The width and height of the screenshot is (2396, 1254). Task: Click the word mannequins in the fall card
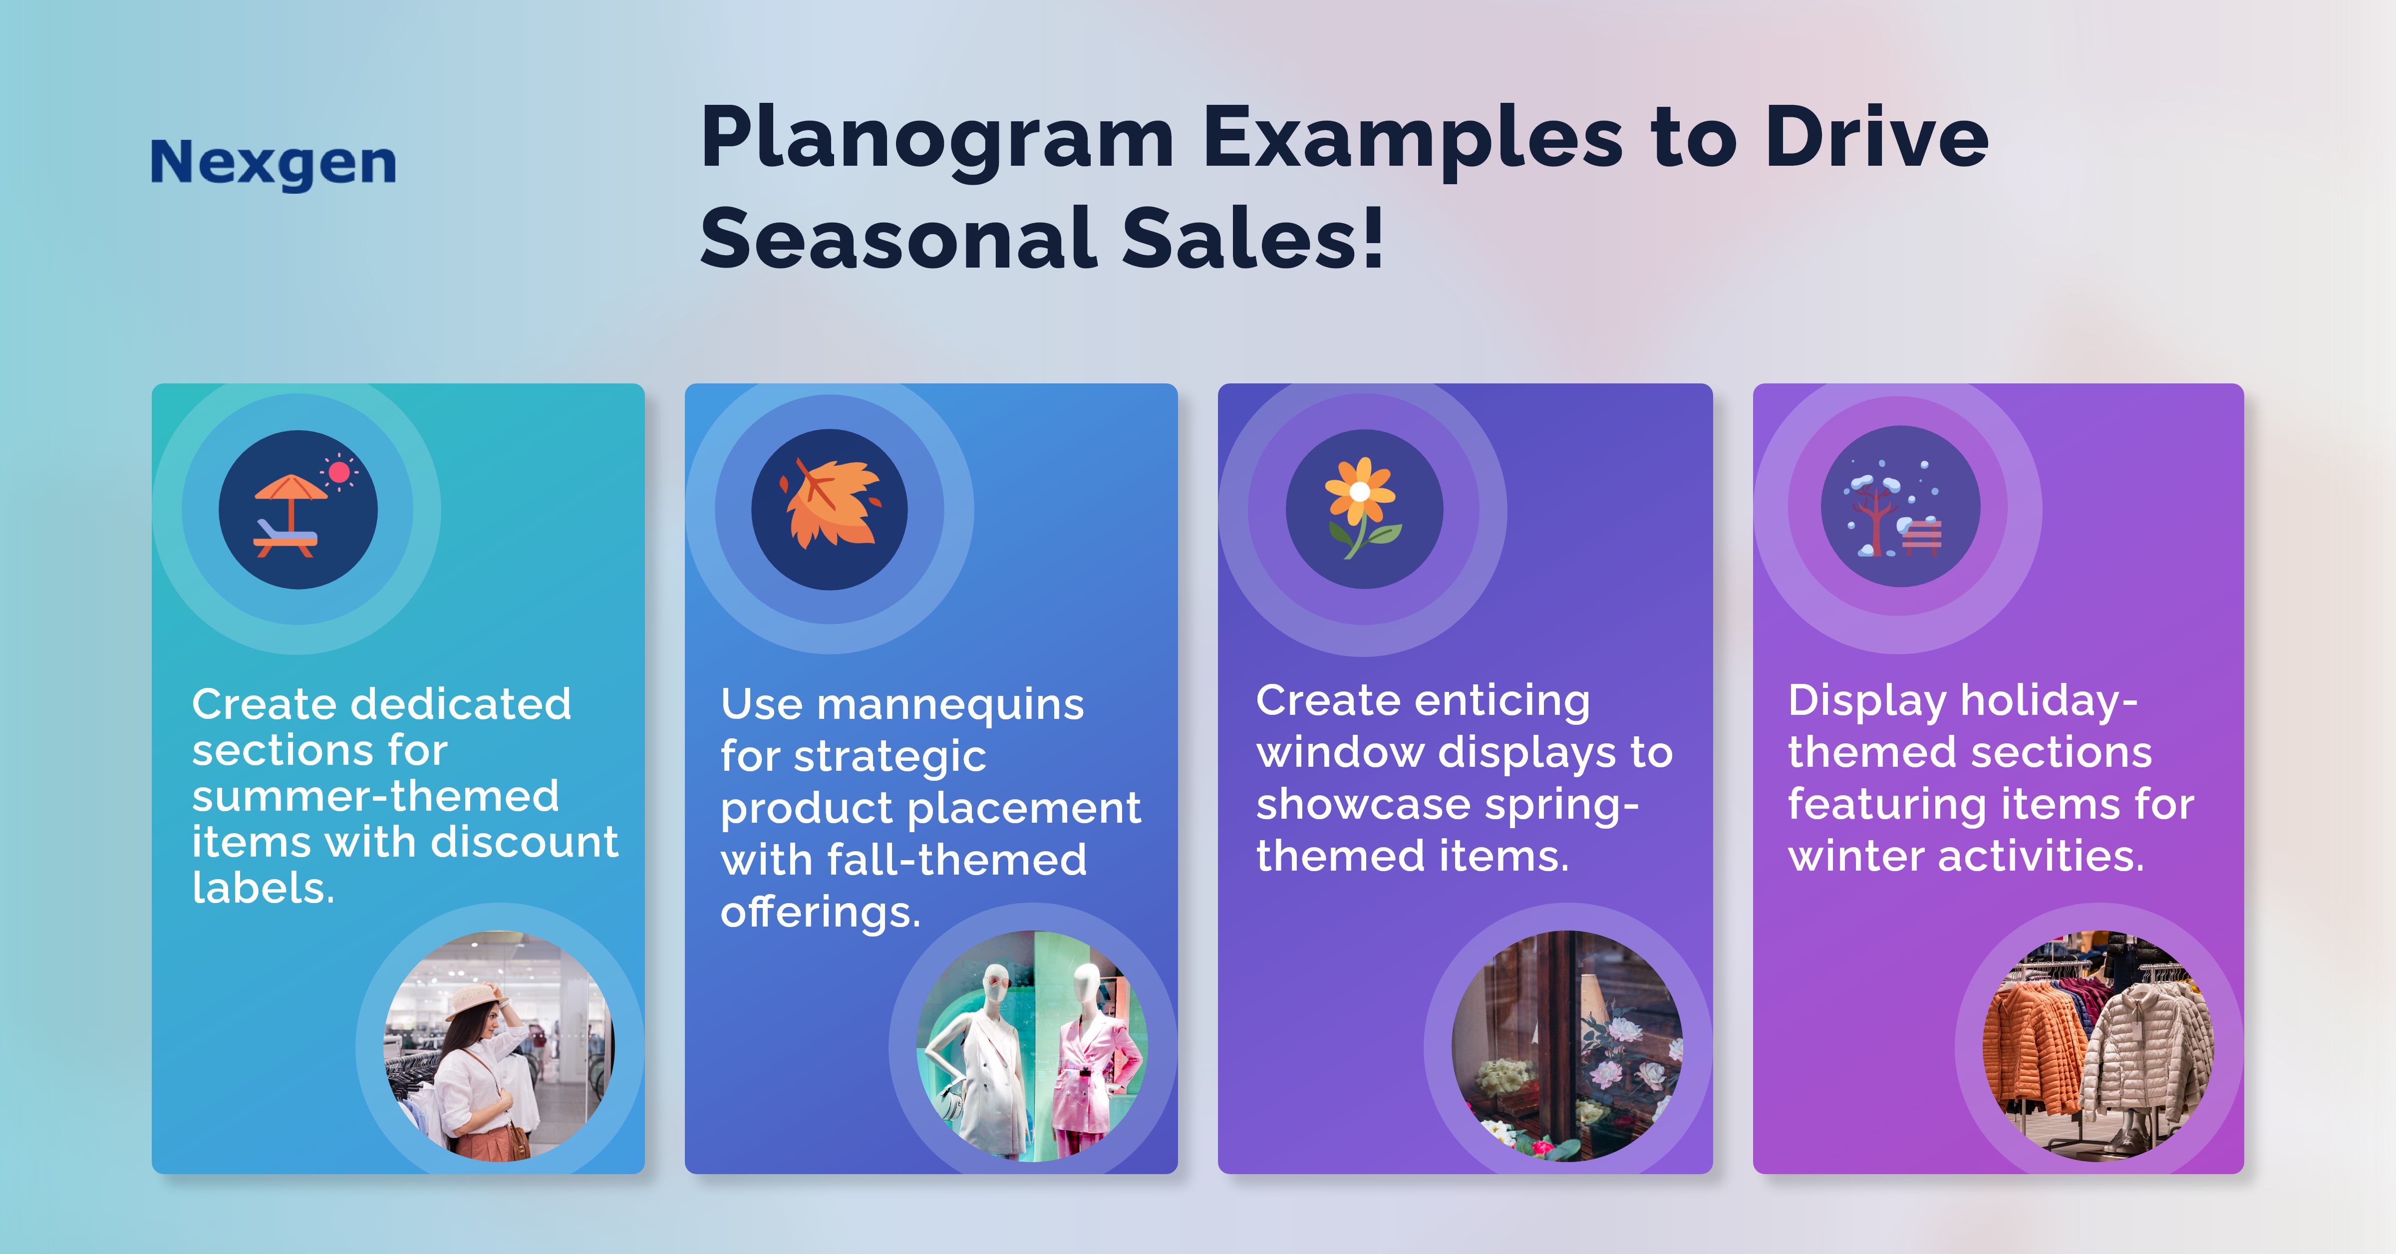(949, 704)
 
